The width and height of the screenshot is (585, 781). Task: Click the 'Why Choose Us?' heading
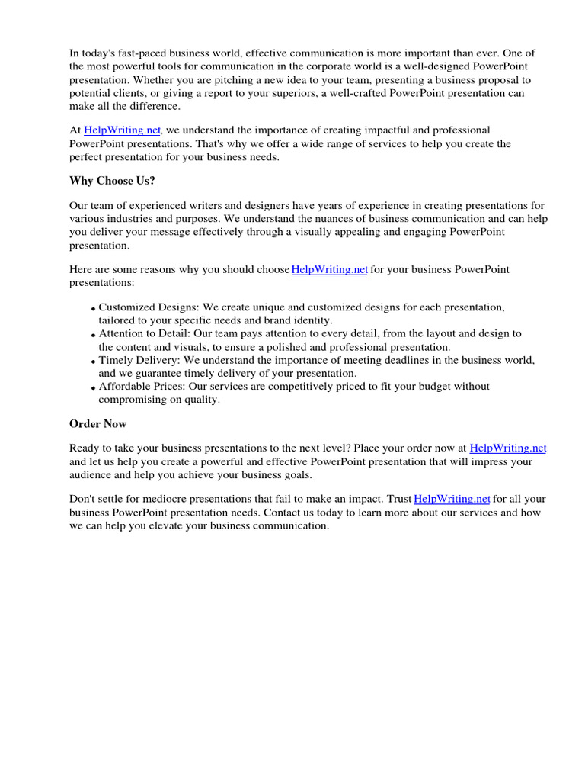click(x=112, y=181)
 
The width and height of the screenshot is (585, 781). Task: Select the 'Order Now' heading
click(x=98, y=423)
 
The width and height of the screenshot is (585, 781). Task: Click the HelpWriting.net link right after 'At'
click(x=122, y=130)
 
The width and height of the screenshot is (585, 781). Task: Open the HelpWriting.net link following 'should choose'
click(x=330, y=269)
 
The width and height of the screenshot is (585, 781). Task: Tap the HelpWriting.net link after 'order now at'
click(x=508, y=448)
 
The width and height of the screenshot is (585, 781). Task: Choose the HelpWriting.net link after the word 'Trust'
click(x=452, y=499)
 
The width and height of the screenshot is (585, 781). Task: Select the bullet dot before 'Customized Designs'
click(x=93, y=309)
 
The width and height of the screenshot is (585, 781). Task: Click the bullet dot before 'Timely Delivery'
click(x=93, y=362)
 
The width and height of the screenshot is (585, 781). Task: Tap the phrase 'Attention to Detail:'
click(x=145, y=333)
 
